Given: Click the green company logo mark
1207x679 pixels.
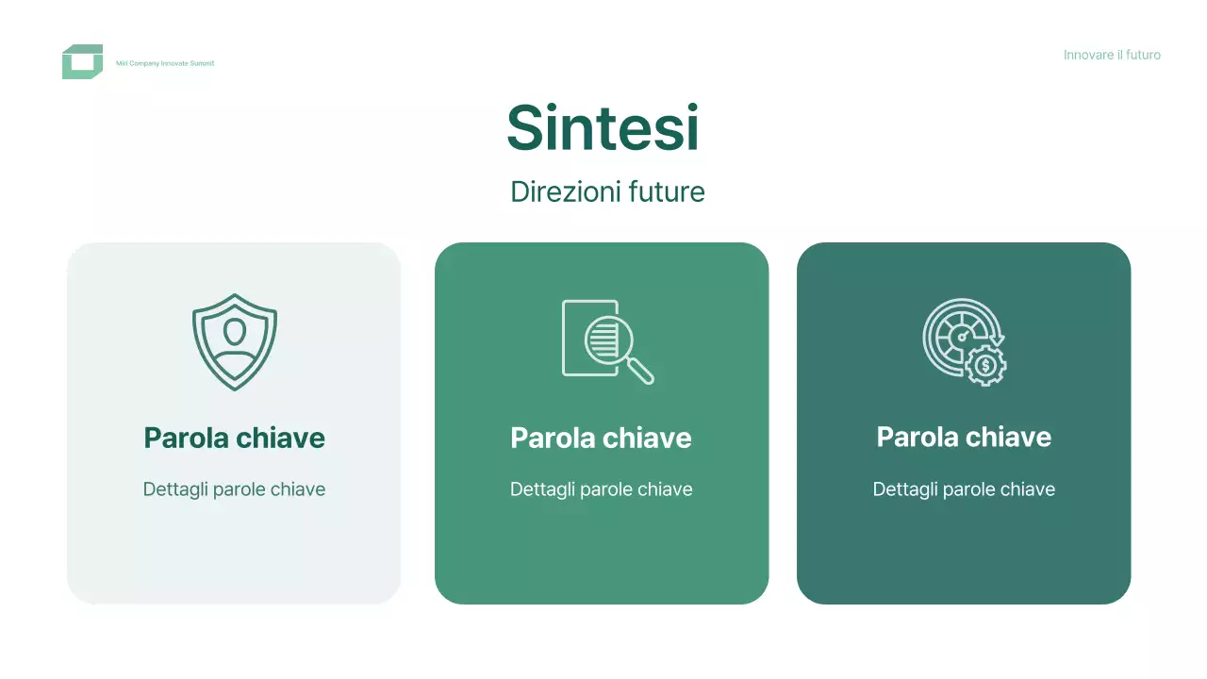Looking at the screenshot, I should tap(82, 62).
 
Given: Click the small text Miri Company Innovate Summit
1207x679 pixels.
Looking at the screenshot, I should tap(165, 63).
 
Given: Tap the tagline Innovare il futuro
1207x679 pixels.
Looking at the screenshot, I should tap(1112, 55).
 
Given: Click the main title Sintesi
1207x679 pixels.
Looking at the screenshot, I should tap(603, 127).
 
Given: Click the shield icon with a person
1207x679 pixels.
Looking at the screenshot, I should tap(234, 341).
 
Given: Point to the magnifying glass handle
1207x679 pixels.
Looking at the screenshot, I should tap(641, 371).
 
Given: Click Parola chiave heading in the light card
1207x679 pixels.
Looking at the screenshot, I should tap(234, 438).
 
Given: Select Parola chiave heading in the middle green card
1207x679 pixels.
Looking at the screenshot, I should tap(601, 438).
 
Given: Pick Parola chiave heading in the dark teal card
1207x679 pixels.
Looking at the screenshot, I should tap(964, 437).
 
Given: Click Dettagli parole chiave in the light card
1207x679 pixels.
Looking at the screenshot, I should tap(234, 489).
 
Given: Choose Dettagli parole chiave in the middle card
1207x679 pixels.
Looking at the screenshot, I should tap(601, 489).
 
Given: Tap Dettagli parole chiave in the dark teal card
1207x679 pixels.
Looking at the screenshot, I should tap(964, 489).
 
